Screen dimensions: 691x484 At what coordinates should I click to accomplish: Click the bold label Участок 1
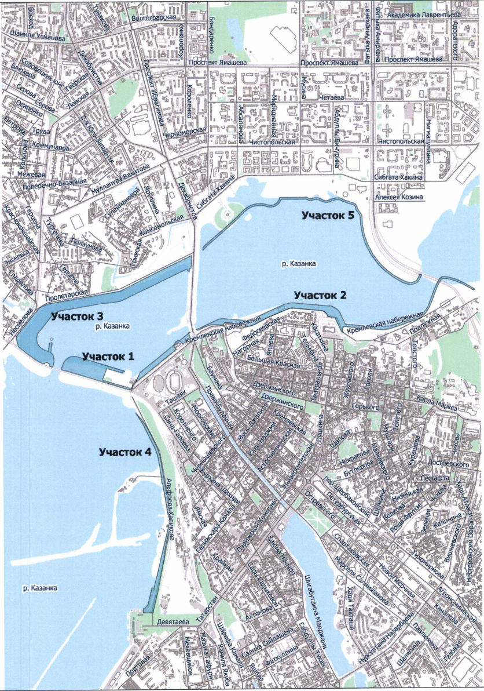pos(108,357)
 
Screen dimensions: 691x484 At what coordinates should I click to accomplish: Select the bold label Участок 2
pos(320,295)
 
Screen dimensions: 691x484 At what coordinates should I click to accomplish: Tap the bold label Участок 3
pos(77,317)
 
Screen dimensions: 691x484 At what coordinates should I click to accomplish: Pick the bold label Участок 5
pos(327,215)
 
